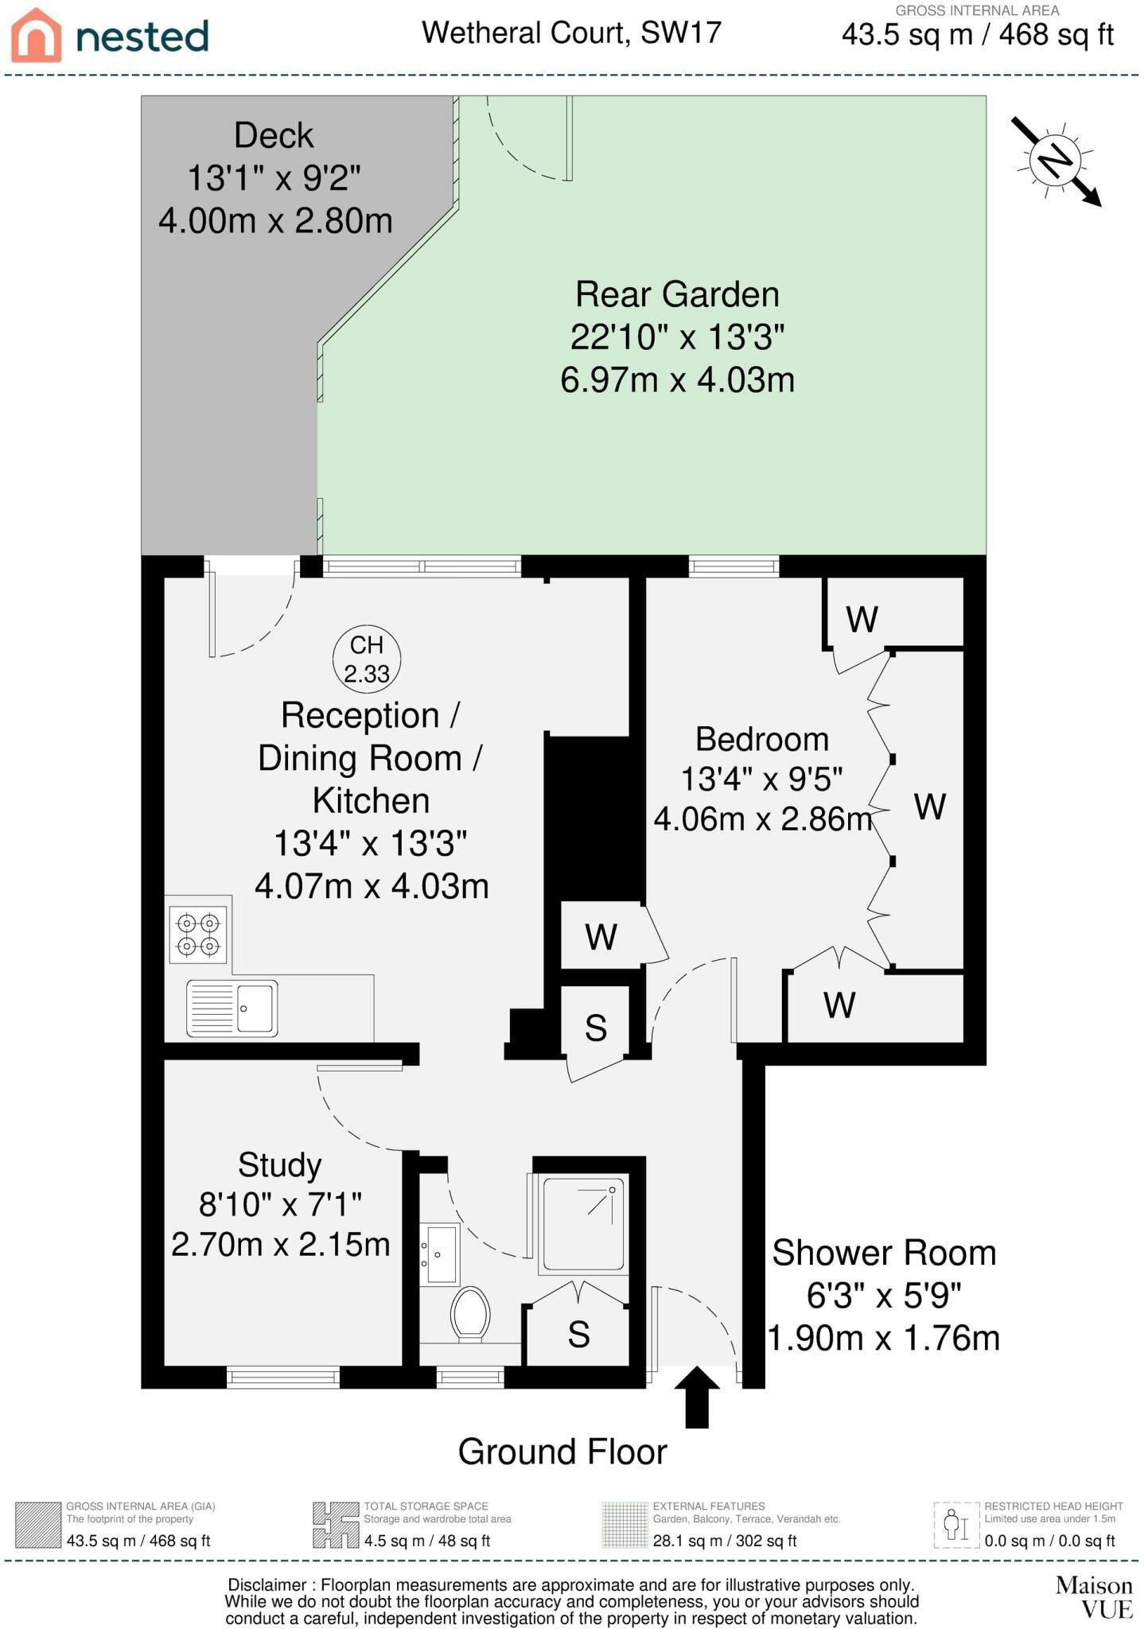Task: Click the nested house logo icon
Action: click(x=36, y=36)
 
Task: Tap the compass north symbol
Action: click(x=1056, y=161)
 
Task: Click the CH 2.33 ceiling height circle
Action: click(x=366, y=659)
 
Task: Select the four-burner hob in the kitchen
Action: click(x=198, y=935)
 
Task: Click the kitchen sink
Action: click(x=232, y=1009)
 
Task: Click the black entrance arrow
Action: click(x=697, y=1397)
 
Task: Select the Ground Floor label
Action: click(x=562, y=1452)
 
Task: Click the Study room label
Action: click(x=280, y=1166)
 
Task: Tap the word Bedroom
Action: click(x=762, y=740)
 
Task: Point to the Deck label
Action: click(x=274, y=136)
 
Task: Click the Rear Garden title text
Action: click(x=677, y=295)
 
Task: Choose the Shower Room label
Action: click(x=884, y=1254)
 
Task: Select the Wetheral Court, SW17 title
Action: click(x=571, y=33)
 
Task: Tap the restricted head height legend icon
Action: click(x=955, y=1524)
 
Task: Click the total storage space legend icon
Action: click(x=335, y=1524)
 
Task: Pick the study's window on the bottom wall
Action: click(x=283, y=1377)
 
